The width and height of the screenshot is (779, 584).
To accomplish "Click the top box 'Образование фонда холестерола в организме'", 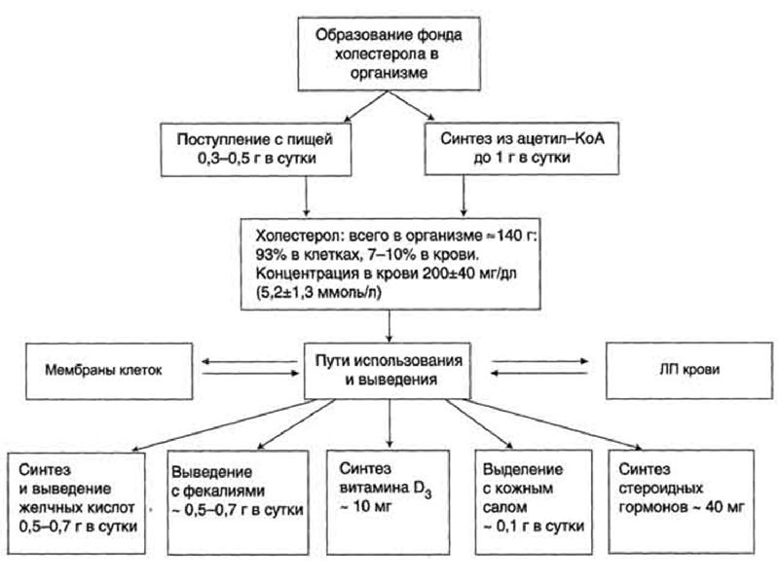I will pyautogui.click(x=389, y=52).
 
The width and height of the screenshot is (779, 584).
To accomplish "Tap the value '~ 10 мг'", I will pyautogui.click(x=360, y=509).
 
